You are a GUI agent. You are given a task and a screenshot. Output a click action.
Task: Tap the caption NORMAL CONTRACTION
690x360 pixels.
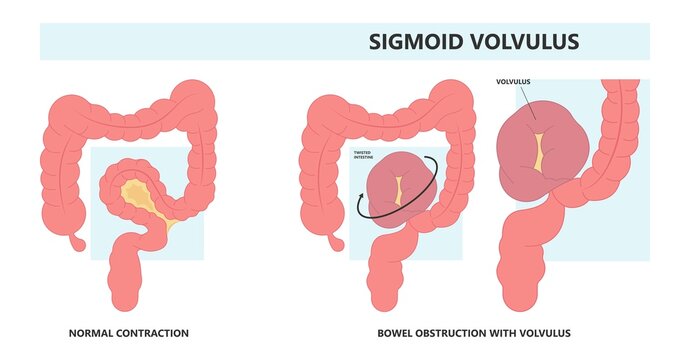tap(128, 333)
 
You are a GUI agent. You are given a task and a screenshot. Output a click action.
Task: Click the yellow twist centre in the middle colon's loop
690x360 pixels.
tap(397, 190)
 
